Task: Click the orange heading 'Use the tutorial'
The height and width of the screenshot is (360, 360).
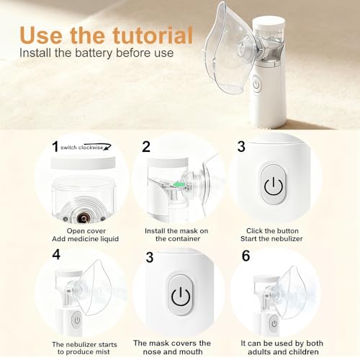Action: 106,35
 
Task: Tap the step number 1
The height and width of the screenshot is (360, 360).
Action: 55,146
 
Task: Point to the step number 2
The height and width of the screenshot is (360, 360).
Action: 146,147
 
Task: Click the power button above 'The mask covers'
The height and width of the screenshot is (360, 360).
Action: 179,296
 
